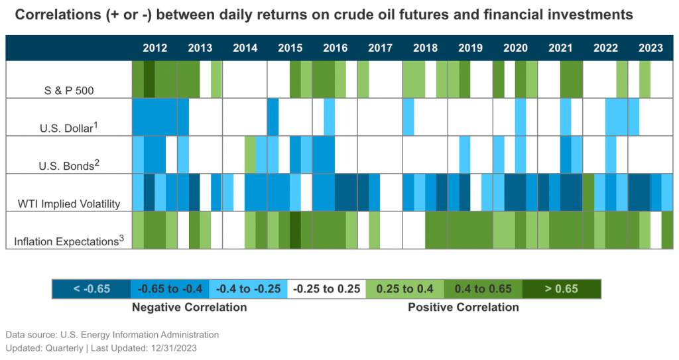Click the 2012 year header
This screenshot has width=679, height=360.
[x=155, y=48]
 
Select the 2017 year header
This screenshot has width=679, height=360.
[x=380, y=48]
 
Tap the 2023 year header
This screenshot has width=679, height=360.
[x=650, y=48]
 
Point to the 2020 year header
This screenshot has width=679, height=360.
[x=515, y=48]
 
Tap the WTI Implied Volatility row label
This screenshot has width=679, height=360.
[x=70, y=204]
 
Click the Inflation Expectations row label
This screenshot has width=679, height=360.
[x=69, y=241]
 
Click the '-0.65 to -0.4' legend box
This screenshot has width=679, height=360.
[x=169, y=288]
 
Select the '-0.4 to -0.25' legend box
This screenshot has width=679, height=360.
[x=248, y=288]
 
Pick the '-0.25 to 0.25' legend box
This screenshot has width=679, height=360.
[x=326, y=288]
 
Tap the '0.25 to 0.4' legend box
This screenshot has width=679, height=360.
[x=404, y=288]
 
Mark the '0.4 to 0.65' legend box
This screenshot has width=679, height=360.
[x=483, y=288]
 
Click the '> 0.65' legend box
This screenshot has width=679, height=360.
[x=561, y=288]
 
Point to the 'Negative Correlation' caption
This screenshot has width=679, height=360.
[x=189, y=307]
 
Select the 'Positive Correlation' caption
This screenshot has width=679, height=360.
[x=463, y=307]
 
